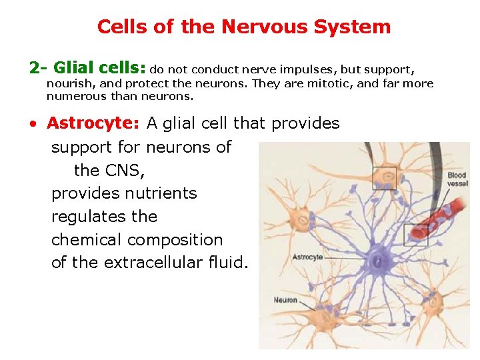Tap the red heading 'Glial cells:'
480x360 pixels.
(99, 68)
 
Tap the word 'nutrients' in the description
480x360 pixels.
(161, 193)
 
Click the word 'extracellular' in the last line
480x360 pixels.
(157, 263)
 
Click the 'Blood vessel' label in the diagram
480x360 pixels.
(457, 179)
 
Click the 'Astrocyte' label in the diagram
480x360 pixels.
(307, 257)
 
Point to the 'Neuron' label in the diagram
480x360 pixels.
(285, 300)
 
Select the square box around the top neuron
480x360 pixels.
(384, 178)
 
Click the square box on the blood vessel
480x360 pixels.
(416, 235)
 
